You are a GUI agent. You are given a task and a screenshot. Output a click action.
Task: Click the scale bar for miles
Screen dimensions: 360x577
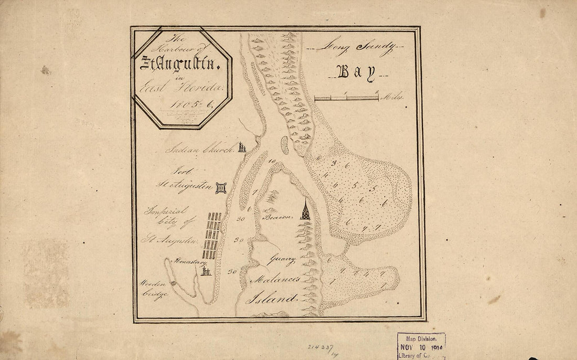pos(346,98)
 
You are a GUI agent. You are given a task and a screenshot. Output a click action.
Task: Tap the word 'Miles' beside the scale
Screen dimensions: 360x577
pos(395,98)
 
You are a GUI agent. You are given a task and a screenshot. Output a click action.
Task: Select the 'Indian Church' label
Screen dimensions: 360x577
pos(199,150)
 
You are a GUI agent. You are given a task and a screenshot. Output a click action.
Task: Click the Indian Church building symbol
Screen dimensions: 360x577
pos(241,147)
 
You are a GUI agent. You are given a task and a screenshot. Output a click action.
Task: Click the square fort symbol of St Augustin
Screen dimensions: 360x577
pos(221,188)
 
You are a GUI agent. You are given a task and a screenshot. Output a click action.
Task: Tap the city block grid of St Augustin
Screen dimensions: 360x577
pos(212,236)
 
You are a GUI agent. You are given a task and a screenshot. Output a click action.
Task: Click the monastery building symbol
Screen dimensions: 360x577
pos(205,271)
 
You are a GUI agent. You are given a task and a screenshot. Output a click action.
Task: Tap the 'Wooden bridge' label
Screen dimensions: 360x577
pos(154,289)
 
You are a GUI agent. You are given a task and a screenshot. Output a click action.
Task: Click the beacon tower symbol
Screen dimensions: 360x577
pos(305,210)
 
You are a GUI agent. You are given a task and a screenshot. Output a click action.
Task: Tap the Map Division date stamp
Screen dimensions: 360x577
pos(421,345)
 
